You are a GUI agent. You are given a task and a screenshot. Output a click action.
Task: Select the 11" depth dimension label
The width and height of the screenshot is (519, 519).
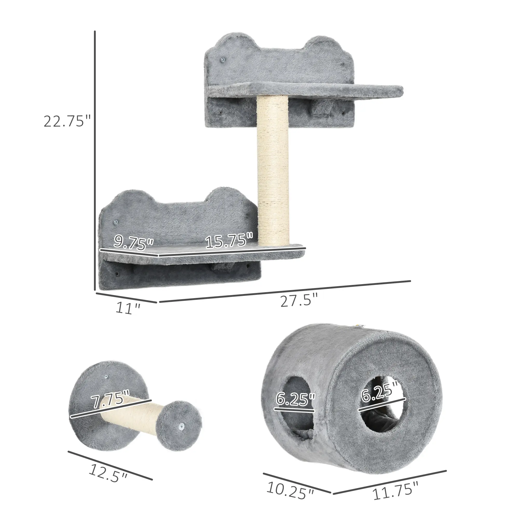(x=128, y=308)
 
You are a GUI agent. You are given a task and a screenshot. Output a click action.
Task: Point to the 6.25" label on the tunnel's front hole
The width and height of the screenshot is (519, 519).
(x=379, y=399)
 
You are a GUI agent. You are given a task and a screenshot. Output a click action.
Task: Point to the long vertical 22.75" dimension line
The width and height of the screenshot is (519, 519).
(x=95, y=161)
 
